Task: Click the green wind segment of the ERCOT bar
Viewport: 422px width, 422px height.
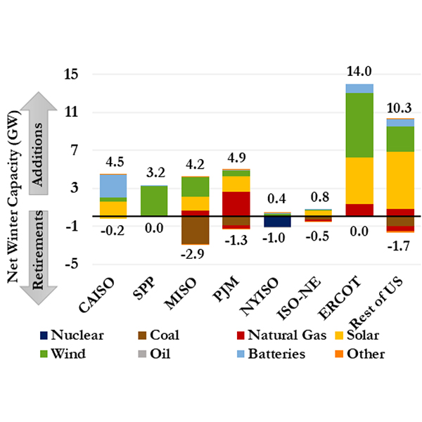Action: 359,124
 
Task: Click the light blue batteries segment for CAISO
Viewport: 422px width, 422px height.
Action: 113,186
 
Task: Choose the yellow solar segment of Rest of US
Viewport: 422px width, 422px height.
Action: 399,180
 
